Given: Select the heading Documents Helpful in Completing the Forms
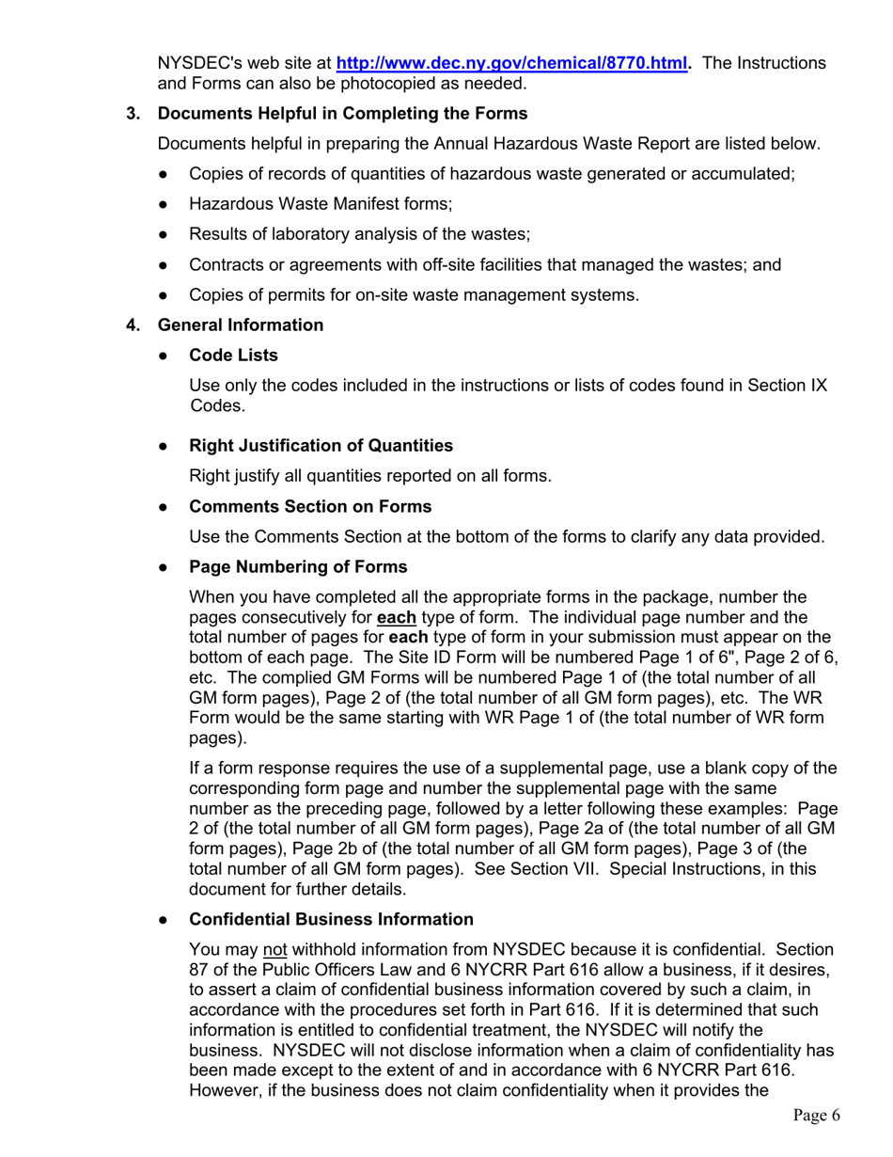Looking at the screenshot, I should click(x=343, y=115).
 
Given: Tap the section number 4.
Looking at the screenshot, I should click(x=133, y=325).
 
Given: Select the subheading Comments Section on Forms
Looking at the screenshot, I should click(x=310, y=507).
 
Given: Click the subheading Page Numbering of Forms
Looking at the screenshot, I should click(x=298, y=568).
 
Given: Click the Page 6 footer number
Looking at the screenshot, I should click(x=815, y=1116).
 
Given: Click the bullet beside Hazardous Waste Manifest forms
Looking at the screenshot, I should click(x=164, y=204).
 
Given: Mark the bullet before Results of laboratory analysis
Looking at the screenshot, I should click(x=164, y=235).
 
